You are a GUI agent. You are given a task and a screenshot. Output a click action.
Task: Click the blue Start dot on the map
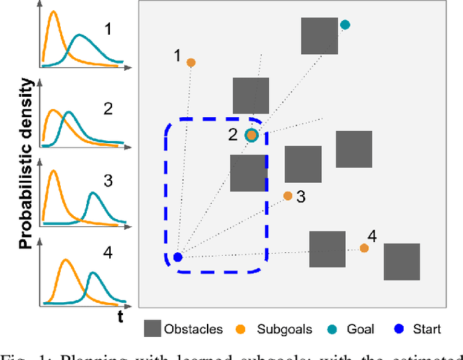click(x=178, y=257)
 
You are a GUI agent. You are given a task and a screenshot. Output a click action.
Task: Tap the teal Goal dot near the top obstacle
click(x=345, y=25)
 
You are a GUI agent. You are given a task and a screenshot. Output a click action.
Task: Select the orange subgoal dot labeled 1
click(x=191, y=63)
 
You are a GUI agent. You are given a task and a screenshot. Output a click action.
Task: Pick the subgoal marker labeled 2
click(x=251, y=135)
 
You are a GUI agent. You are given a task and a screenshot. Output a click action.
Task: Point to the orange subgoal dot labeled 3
click(x=288, y=196)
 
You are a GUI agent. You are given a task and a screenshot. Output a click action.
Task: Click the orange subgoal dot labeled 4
click(x=364, y=248)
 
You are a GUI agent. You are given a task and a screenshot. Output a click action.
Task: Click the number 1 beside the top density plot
click(x=109, y=30)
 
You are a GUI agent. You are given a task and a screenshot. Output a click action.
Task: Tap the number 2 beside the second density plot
click(x=109, y=109)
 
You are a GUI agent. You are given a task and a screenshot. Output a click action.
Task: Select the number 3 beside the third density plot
click(x=109, y=180)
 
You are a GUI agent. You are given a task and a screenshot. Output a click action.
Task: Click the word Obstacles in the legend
click(x=195, y=330)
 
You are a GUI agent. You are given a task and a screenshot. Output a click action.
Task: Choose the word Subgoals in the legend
click(x=284, y=330)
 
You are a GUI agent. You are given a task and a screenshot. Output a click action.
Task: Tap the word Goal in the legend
click(x=360, y=330)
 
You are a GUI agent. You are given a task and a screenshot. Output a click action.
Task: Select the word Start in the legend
click(x=426, y=330)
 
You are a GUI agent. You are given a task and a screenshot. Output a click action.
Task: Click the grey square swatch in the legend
click(x=153, y=329)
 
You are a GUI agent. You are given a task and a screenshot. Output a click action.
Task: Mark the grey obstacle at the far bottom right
click(x=402, y=262)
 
